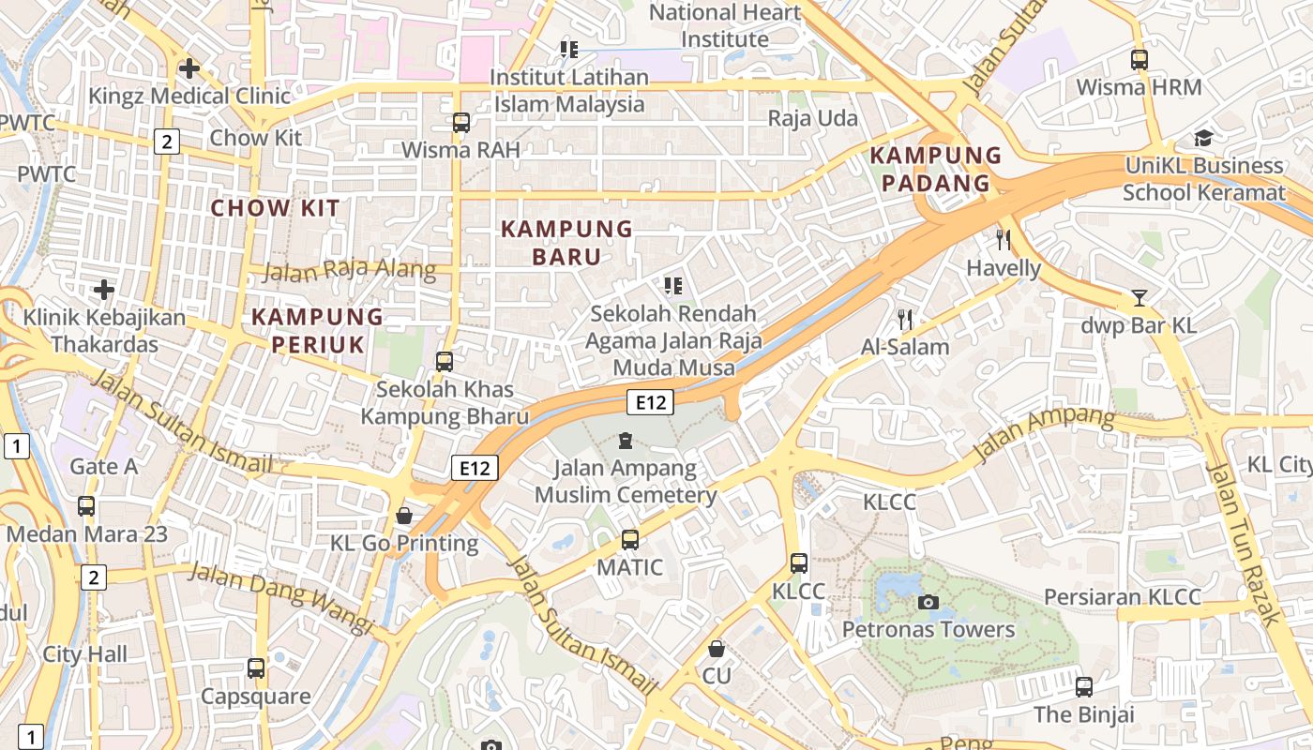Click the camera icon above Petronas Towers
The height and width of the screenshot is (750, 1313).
928,602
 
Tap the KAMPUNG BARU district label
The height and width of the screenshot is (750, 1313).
566,243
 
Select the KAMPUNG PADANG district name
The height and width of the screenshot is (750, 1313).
935,169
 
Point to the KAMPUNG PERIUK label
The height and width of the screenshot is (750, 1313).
318,330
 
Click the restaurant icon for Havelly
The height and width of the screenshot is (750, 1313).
1004,239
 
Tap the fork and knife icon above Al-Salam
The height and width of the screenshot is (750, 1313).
905,319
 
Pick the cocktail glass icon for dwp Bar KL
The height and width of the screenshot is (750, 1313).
1139,298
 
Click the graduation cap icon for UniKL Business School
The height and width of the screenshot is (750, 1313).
1203,139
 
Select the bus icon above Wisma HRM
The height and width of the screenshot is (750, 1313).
1139,60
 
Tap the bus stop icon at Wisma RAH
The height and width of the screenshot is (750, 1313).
460,122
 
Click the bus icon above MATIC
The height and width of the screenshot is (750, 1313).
629,540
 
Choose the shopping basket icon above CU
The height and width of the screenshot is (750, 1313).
717,649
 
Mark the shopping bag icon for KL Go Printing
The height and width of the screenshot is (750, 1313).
404,516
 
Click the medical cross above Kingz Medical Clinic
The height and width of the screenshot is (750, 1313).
189,68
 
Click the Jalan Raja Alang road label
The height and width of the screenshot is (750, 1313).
349,271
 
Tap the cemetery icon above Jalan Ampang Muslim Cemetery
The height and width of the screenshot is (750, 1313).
626,440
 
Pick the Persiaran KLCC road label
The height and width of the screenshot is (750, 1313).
1122,597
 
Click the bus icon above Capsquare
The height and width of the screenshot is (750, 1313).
256,668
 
